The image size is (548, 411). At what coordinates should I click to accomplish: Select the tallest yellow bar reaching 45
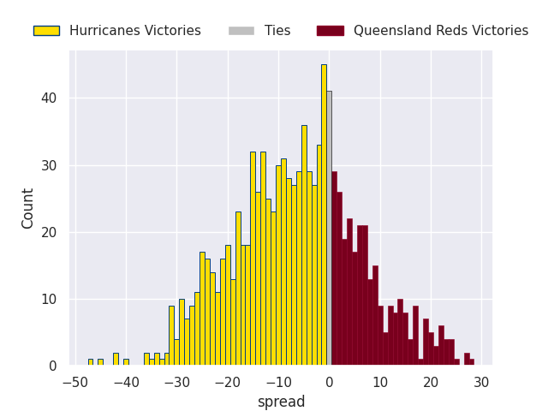[x=324, y=215]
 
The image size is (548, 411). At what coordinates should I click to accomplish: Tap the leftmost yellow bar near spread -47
[x=90, y=362]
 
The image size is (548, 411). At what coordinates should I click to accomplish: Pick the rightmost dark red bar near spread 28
[x=471, y=362]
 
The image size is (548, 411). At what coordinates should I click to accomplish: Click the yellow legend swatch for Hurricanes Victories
[x=46, y=31]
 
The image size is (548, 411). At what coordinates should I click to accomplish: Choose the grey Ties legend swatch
[x=241, y=31]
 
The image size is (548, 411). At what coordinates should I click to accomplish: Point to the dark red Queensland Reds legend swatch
[x=330, y=31]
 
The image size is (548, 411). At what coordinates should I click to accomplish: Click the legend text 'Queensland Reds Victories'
[x=441, y=31]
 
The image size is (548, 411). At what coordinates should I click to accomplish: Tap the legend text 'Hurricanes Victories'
[x=135, y=31]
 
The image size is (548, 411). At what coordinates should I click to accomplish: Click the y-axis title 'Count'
[x=28, y=208]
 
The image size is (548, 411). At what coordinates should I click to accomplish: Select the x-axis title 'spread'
[x=281, y=402]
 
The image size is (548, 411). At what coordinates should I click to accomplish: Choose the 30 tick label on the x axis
[x=481, y=382]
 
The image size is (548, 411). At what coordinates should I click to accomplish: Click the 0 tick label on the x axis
[x=329, y=382]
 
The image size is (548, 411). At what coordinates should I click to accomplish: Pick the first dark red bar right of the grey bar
[x=334, y=269]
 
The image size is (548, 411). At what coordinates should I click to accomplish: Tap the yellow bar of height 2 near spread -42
[x=116, y=360]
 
